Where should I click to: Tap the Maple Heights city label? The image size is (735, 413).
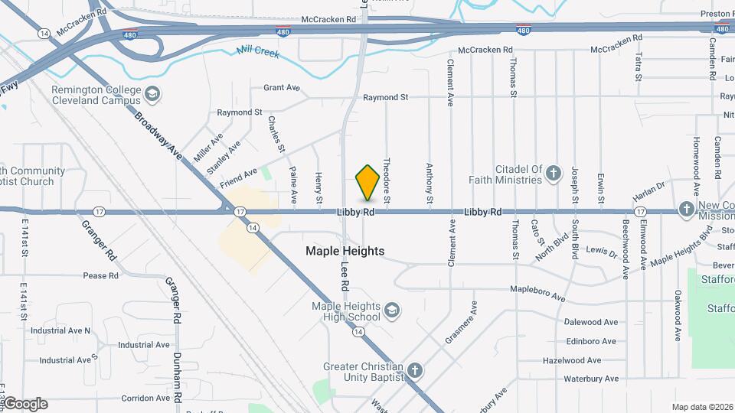point(345,251)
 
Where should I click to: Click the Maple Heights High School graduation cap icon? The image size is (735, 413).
point(392,309)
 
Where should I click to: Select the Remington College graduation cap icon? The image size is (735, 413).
point(152,93)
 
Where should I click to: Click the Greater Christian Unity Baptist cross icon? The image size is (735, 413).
point(414,371)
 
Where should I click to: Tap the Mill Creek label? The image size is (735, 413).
point(258,50)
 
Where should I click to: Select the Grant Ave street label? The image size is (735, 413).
point(281,88)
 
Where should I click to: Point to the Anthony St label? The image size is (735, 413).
point(430,184)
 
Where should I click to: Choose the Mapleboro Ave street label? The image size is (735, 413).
point(537,294)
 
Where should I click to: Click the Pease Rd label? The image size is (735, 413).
point(100,275)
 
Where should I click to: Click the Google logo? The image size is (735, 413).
point(25,404)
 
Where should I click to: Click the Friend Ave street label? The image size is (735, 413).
point(238,178)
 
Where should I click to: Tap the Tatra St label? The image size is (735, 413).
point(637,67)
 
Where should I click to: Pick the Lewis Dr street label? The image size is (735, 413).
point(601,250)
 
